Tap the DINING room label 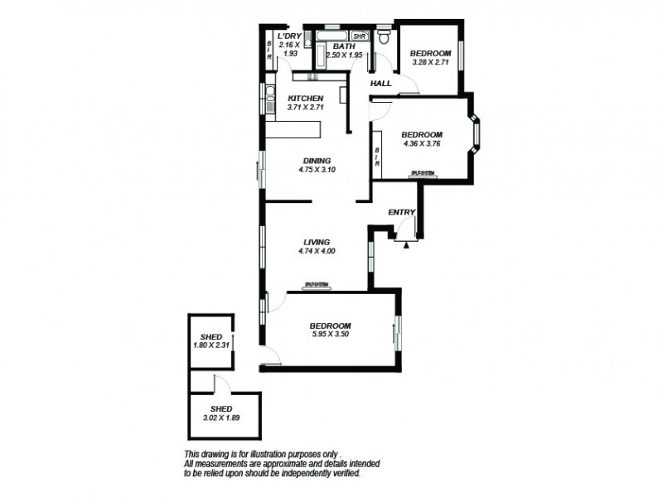pyautogui.click(x=317, y=161)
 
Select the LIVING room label pyautogui.click(x=317, y=242)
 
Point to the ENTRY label pyautogui.click(x=401, y=213)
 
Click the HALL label pyautogui.click(x=380, y=84)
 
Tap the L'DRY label pyautogui.click(x=289, y=37)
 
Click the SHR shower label pyautogui.click(x=359, y=37)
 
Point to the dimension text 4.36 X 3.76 pyautogui.click(x=421, y=143)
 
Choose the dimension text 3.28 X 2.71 pyautogui.click(x=430, y=60)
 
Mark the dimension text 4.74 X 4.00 pyautogui.click(x=317, y=251)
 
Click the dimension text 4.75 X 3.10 pyautogui.click(x=317, y=170)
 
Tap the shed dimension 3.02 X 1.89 pyautogui.click(x=220, y=418)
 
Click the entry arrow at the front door pyautogui.click(x=406, y=244)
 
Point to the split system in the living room pyautogui.click(x=317, y=285)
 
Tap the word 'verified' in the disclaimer pyautogui.click(x=365, y=473)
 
